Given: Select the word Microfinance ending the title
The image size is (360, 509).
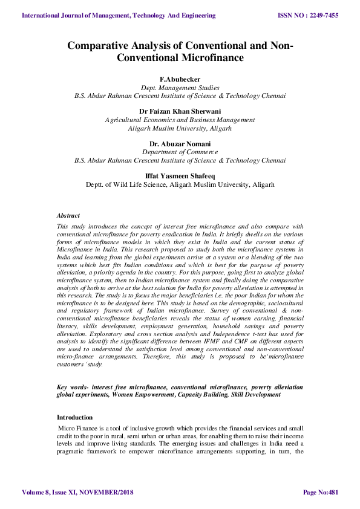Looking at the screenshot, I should pyautogui.click(x=209, y=58).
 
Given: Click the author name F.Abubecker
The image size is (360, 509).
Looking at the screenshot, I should pyautogui.click(x=180, y=79).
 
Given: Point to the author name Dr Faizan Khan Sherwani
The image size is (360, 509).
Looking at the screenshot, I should pyautogui.click(x=180, y=111).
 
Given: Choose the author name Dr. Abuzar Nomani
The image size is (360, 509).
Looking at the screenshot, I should pyautogui.click(x=180, y=144).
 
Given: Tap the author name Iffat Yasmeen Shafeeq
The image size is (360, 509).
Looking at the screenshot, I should pyautogui.click(x=180, y=176).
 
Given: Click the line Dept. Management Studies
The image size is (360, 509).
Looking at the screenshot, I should pyautogui.click(x=180, y=87).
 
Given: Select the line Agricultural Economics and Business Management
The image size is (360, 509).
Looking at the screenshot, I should pyautogui.click(x=180, y=120).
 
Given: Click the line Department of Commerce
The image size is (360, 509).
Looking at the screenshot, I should pyautogui.click(x=180, y=152).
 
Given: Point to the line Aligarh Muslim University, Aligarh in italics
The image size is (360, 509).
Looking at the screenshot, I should pyautogui.click(x=180, y=128).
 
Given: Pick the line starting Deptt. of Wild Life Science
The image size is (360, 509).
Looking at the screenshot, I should pyautogui.click(x=180, y=184).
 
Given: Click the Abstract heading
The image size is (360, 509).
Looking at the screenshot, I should pyautogui.click(x=68, y=215).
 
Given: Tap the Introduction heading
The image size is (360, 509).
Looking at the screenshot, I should pyautogui.click(x=75, y=417).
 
